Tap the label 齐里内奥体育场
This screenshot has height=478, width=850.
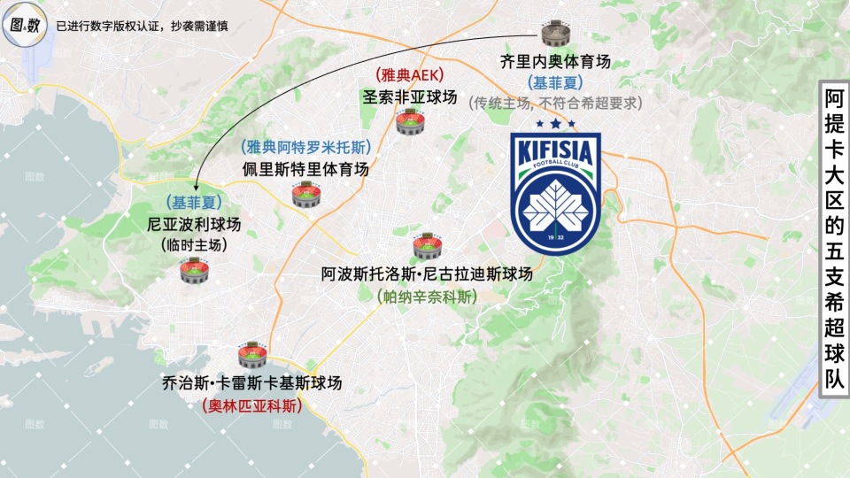coord(555,63)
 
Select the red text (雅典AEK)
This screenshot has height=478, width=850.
coord(409,76)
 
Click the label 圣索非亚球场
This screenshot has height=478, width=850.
coord(409,96)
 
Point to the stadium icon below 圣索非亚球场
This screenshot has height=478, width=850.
coord(409,122)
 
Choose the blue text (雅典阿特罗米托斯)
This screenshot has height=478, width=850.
coord(305,148)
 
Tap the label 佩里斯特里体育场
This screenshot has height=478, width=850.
coord(305,168)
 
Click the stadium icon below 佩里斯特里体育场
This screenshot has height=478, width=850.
coord(305,196)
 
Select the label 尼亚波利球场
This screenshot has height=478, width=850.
coord(194,224)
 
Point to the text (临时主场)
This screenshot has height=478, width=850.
coord(194,244)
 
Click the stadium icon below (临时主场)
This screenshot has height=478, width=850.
coord(194,270)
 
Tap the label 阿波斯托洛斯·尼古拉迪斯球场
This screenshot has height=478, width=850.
coord(427,275)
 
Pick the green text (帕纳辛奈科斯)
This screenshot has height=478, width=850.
coord(427,297)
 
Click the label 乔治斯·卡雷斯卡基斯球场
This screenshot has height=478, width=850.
coord(252,383)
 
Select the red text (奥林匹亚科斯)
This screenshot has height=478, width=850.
coord(252,406)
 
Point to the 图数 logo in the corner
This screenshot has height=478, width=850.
coord(25,26)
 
